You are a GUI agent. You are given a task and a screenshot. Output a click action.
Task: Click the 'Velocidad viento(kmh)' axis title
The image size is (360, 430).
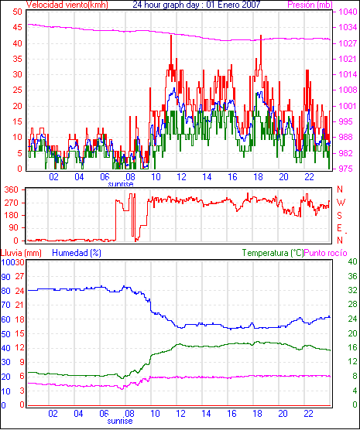point(67,5)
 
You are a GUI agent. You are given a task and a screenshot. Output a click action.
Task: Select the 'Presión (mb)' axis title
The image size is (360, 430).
point(310,5)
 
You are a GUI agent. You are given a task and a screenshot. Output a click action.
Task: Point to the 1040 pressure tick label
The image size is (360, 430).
point(348,12)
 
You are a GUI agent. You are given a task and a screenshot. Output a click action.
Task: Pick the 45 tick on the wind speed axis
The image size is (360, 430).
point(17,27)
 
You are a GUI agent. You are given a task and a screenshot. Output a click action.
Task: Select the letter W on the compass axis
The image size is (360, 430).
point(341,203)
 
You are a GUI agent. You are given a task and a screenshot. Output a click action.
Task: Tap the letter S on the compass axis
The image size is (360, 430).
point(340,216)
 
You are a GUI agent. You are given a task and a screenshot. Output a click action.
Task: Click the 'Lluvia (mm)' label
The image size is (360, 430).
point(21,253)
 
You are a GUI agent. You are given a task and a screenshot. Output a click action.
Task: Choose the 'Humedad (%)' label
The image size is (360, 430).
point(77,253)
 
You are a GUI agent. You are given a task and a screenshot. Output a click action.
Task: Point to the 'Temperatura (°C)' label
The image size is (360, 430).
point(273,253)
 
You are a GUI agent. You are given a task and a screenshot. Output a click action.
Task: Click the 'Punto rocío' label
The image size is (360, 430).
point(326,253)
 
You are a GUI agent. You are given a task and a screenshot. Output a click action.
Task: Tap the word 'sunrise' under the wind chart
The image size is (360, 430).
point(121,184)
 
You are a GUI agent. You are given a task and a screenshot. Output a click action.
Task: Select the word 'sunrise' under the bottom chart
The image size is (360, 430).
point(120,421)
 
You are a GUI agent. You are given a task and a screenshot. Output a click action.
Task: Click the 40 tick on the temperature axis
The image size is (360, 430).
point(352,261)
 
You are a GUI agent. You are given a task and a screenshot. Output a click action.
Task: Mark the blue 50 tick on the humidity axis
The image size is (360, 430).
point(6,334)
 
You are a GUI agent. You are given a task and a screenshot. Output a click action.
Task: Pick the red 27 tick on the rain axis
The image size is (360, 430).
point(19,276)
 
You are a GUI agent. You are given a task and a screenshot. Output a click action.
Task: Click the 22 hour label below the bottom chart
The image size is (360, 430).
point(308,413)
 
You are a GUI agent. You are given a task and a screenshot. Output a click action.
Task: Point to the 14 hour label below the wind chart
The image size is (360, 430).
point(207,177)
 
